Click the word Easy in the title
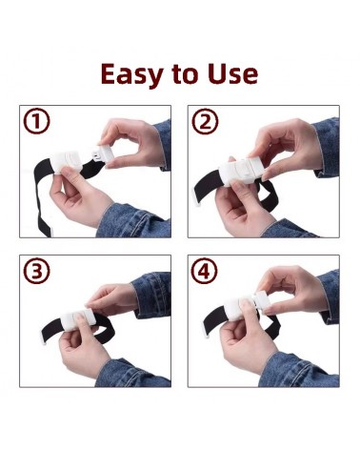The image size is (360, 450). pos(130,74)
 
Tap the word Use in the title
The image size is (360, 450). pos(232,73)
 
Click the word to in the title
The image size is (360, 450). pos(185,74)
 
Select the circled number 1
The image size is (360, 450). pos(36,121)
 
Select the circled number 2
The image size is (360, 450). pos(205,121)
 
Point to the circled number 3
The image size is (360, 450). pos(36,271)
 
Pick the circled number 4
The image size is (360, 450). pos(205,271)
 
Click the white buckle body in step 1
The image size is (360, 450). pos(68,162)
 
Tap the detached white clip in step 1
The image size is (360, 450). pos(103,155)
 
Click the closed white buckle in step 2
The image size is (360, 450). pos(242,171)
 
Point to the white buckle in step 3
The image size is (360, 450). pos(78,318)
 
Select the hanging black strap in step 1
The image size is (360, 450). pos(43,197)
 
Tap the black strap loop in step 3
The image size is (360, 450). pos(79,330)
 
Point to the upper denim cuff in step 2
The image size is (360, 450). pos(327,147)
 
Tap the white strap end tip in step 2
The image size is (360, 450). pos(197,203)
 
